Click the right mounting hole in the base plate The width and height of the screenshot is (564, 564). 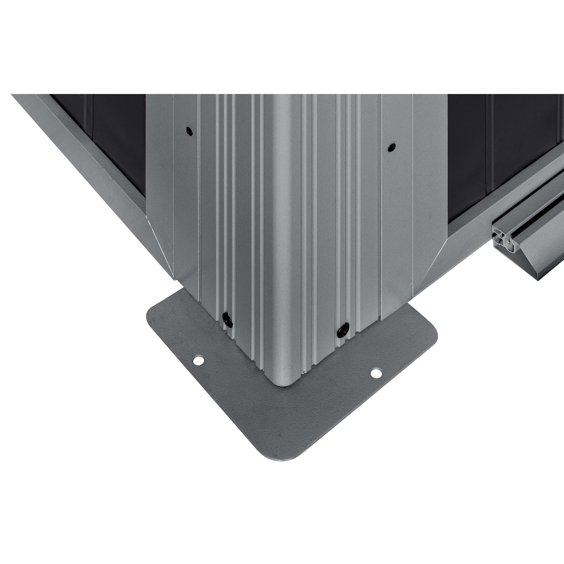click(x=375, y=373)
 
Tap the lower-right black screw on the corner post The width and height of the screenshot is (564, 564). click(x=342, y=330)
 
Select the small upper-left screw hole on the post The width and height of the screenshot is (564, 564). click(x=188, y=131)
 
